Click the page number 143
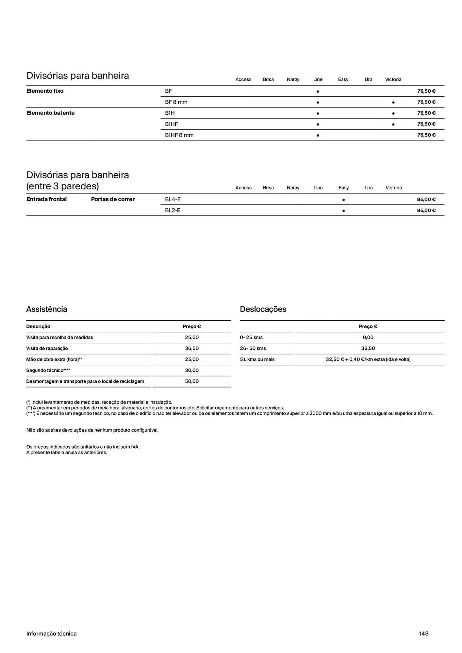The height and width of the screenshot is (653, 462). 424,633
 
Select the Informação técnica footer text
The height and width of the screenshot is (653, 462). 51,633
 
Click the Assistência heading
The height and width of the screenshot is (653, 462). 47,309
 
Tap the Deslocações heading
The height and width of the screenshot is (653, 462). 263,309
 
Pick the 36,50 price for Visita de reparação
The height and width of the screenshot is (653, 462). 192,348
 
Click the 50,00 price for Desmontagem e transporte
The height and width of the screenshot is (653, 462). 192,381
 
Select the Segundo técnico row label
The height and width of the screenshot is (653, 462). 48,370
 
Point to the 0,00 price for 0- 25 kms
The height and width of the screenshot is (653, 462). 368,337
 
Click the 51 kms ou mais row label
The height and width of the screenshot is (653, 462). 257,359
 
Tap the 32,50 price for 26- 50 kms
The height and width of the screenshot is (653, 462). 368,348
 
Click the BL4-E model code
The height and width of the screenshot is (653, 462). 173,199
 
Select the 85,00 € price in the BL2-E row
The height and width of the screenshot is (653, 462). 426,210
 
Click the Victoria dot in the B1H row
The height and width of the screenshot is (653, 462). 393,114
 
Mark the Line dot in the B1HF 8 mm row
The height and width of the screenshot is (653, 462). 318,135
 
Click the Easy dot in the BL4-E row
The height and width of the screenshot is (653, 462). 343,200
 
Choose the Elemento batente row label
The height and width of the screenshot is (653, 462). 50,113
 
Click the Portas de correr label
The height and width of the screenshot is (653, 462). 113,199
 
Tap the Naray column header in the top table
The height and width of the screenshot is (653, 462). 293,79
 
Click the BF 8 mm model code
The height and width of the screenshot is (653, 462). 176,102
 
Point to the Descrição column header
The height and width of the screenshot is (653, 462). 38,326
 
